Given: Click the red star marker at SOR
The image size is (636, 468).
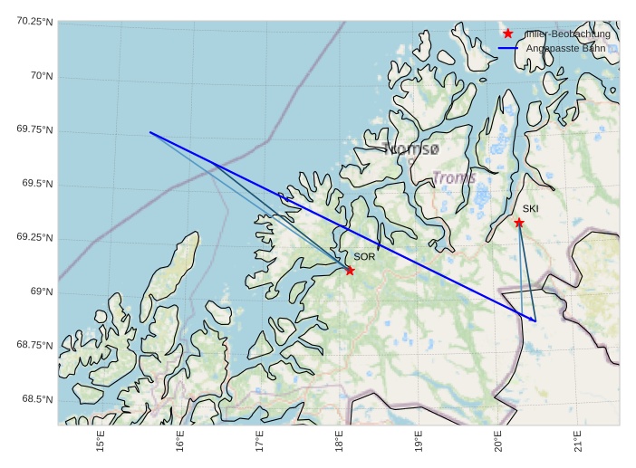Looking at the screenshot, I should [350, 270].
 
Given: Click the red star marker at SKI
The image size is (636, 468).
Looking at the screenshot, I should [519, 223].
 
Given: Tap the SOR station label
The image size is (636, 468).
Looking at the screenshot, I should [364, 257].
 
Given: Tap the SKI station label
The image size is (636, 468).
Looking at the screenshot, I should [531, 209].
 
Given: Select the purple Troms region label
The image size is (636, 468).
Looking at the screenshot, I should [454, 177].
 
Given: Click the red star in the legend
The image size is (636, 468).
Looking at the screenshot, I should [508, 33].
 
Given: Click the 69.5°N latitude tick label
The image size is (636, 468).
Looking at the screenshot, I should [35, 184].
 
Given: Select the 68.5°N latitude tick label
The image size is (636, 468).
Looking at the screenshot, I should [35, 399].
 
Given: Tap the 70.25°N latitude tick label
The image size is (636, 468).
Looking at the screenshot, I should [35, 22].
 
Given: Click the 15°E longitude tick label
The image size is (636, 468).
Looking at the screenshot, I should [101, 443].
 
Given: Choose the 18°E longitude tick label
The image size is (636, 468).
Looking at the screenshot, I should [340, 443].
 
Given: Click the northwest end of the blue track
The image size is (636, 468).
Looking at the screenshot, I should [150, 132].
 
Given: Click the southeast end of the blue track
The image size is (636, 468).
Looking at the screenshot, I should [535, 320].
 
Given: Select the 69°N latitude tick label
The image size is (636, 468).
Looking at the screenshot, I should [42, 291].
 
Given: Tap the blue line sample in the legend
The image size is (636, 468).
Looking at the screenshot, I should [507, 47].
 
